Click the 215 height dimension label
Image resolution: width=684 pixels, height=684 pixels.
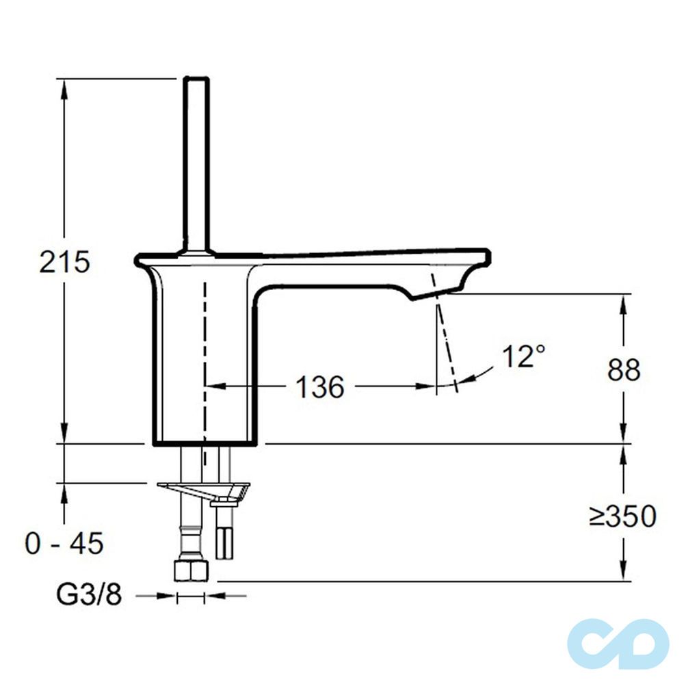click(x=64, y=262)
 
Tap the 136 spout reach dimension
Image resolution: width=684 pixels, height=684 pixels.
click(x=319, y=387)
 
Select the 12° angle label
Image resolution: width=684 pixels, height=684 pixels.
click(x=524, y=357)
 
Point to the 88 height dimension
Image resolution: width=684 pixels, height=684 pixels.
click(x=624, y=370)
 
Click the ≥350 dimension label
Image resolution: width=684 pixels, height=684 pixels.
click(x=622, y=516)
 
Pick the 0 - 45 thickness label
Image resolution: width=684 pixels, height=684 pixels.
click(x=64, y=544)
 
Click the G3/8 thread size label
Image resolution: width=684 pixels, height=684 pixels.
click(x=89, y=596)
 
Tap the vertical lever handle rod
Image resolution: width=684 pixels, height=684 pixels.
click(x=197, y=164)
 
